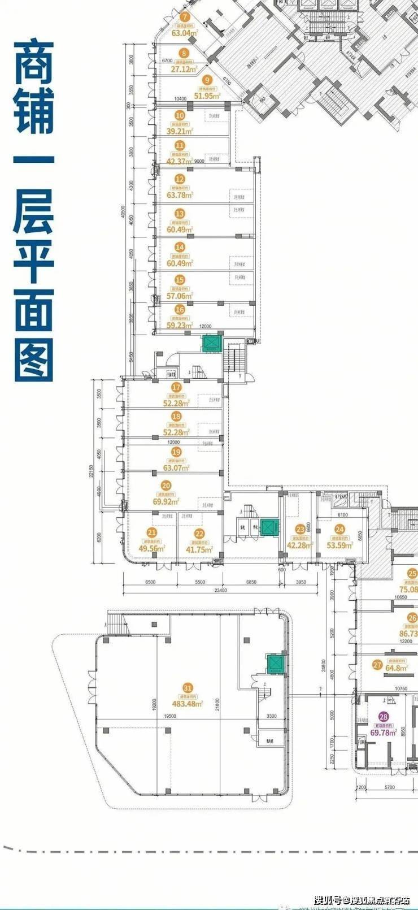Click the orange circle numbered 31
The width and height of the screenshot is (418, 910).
click(x=188, y=688)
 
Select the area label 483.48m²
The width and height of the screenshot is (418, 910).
click(x=188, y=704)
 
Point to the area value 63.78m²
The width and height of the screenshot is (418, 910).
click(x=180, y=195)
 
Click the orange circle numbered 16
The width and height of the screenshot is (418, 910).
click(x=180, y=310)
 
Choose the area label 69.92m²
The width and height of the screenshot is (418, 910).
click(x=166, y=501)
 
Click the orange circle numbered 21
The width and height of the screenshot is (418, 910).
click(x=151, y=532)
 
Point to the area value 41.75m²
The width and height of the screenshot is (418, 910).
click(x=199, y=549)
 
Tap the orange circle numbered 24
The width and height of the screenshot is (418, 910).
click(x=339, y=530)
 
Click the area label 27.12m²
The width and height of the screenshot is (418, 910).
click(x=183, y=70)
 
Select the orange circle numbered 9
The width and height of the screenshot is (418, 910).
click(x=207, y=80)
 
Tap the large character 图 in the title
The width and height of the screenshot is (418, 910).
click(x=33, y=359)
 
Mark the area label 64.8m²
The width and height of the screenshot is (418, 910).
click(x=397, y=668)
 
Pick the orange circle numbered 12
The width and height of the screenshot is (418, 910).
click(x=180, y=179)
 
